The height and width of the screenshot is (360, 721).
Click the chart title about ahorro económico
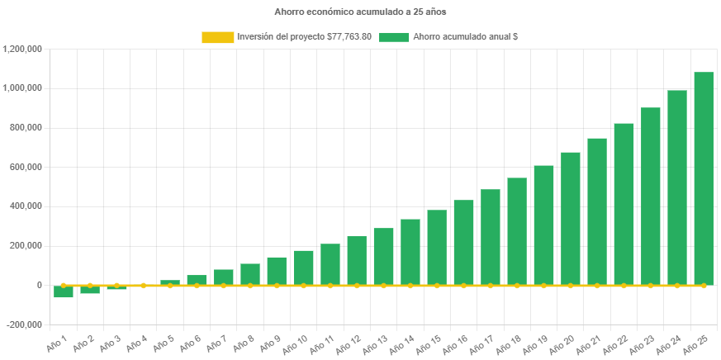(360, 12)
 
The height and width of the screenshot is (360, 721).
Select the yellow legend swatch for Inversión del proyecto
(217, 37)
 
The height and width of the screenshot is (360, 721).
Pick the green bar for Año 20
(571, 218)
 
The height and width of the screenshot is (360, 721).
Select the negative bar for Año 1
(64, 291)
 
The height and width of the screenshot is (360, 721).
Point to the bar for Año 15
(437, 247)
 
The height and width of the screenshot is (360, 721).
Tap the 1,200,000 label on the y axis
(23, 49)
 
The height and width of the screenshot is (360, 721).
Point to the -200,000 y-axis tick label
(23, 324)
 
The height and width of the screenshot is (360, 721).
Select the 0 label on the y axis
(40, 285)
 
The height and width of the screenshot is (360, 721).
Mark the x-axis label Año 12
(350, 340)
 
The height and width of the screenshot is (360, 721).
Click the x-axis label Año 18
(510, 340)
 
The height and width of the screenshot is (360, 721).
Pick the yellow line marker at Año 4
(144, 285)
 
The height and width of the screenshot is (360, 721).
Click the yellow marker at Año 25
(703, 285)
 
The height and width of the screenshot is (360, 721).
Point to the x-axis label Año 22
(617, 340)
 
